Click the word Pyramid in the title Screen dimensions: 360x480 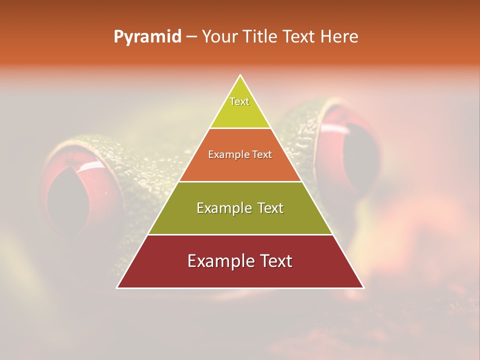(147, 37)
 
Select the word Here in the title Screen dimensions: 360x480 (339, 37)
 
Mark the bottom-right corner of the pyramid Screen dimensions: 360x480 (363, 287)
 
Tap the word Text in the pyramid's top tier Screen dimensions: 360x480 (239, 101)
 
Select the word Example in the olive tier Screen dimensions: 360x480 (220, 208)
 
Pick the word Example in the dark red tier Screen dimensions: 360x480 (216, 261)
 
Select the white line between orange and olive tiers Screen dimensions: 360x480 (240, 181)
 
